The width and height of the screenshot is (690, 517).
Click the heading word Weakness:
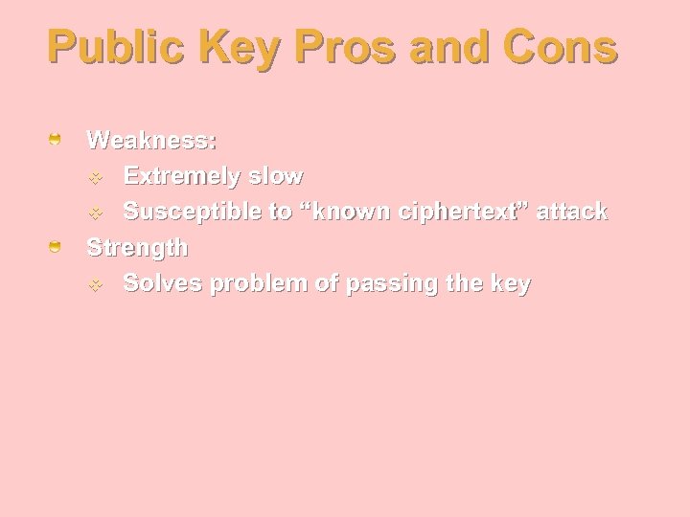click(x=151, y=140)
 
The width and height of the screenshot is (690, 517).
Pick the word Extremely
click(x=179, y=176)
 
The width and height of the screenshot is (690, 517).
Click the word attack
click(x=571, y=212)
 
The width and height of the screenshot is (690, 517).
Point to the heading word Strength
click(x=137, y=248)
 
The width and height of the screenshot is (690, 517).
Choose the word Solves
click(x=162, y=283)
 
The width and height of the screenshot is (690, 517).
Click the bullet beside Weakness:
click(x=57, y=141)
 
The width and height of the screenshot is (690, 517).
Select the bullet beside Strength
click(x=57, y=248)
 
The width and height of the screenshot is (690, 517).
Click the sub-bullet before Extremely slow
click(x=96, y=177)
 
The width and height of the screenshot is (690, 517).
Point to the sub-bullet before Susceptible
click(x=96, y=213)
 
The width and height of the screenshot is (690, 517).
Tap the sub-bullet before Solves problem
click(x=96, y=284)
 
